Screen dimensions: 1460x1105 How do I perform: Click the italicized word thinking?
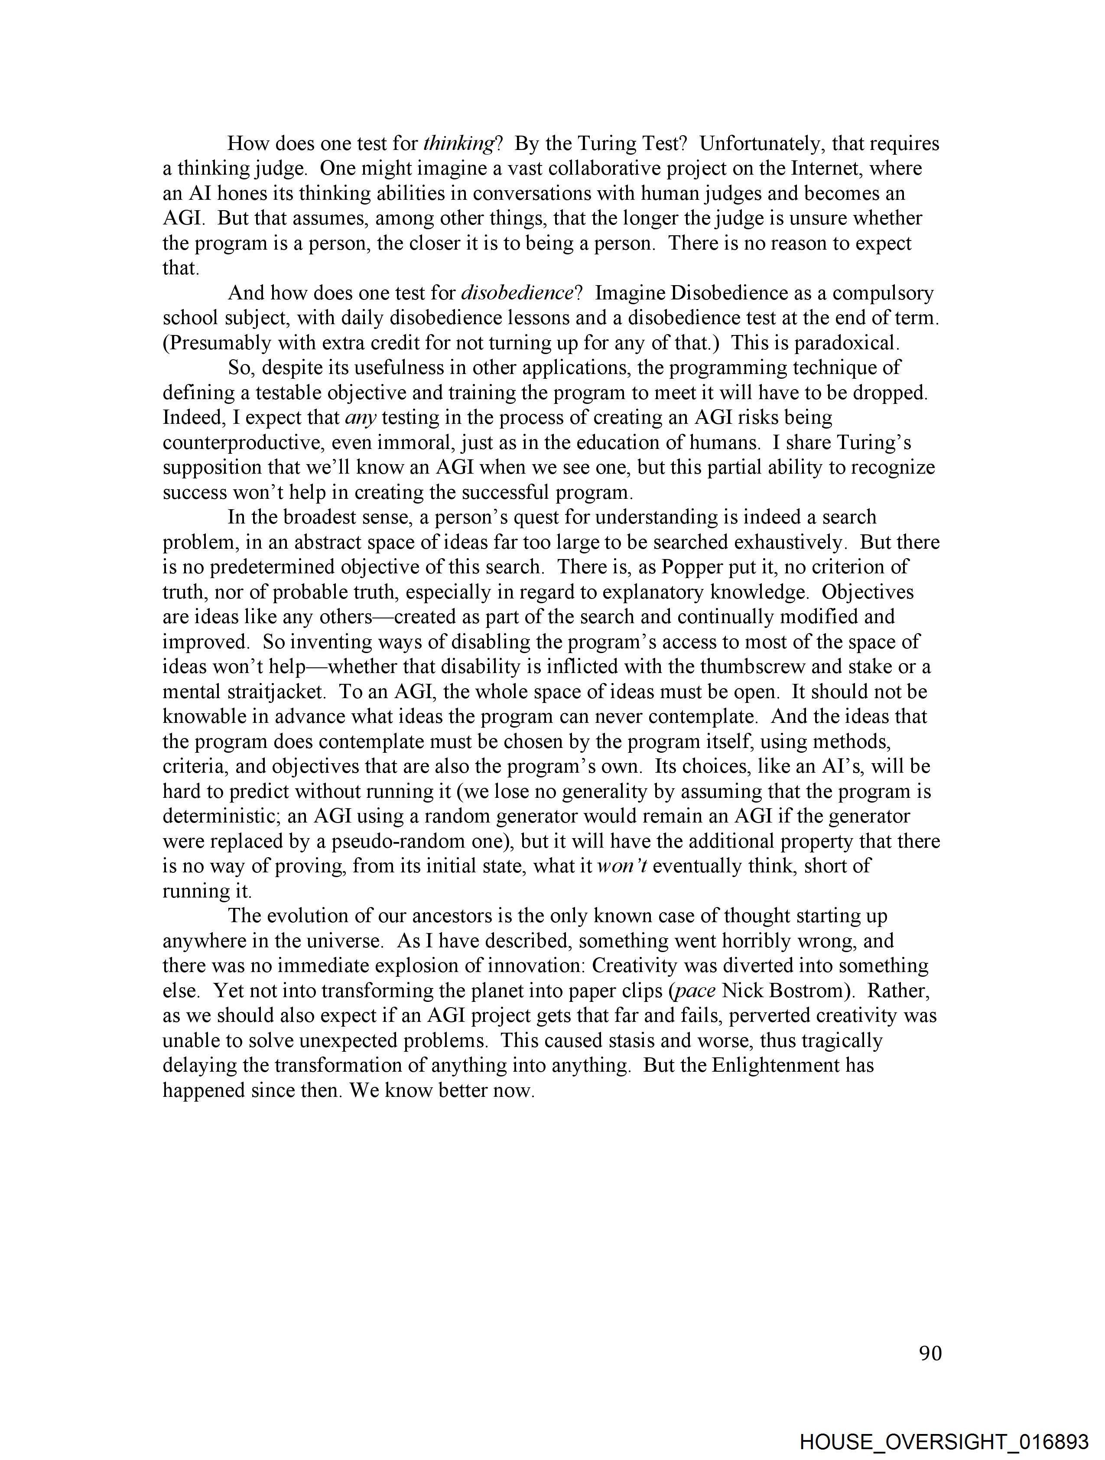[x=459, y=143]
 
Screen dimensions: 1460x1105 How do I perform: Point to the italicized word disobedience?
[x=517, y=293]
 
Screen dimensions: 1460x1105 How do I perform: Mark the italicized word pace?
[x=695, y=991]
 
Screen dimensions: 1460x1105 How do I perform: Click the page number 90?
[x=930, y=1354]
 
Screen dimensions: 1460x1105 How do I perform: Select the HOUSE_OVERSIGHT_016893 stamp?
[x=944, y=1441]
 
